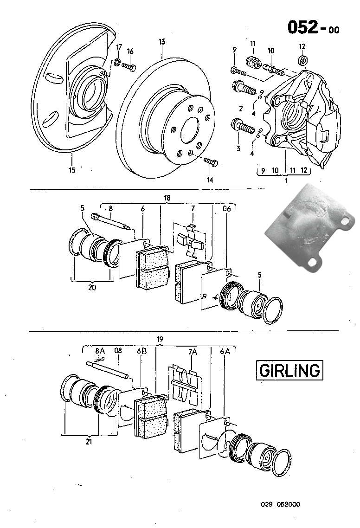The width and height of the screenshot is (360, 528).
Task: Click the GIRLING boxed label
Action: click(x=289, y=370)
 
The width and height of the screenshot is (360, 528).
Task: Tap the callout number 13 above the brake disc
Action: click(x=161, y=42)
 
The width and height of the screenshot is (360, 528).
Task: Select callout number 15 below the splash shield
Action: click(x=72, y=170)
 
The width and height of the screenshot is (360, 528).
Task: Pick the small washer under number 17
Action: click(x=118, y=62)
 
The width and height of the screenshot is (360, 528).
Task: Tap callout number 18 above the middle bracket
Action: click(x=167, y=198)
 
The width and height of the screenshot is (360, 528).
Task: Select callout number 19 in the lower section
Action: click(x=160, y=340)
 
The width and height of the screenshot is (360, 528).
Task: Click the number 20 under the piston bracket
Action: click(x=92, y=287)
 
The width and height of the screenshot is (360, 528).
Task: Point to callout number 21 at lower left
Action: click(x=89, y=442)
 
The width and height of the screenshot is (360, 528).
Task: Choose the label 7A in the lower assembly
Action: click(x=193, y=352)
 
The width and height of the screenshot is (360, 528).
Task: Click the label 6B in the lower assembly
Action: click(x=141, y=352)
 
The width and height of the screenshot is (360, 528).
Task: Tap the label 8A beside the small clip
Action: click(x=100, y=351)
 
